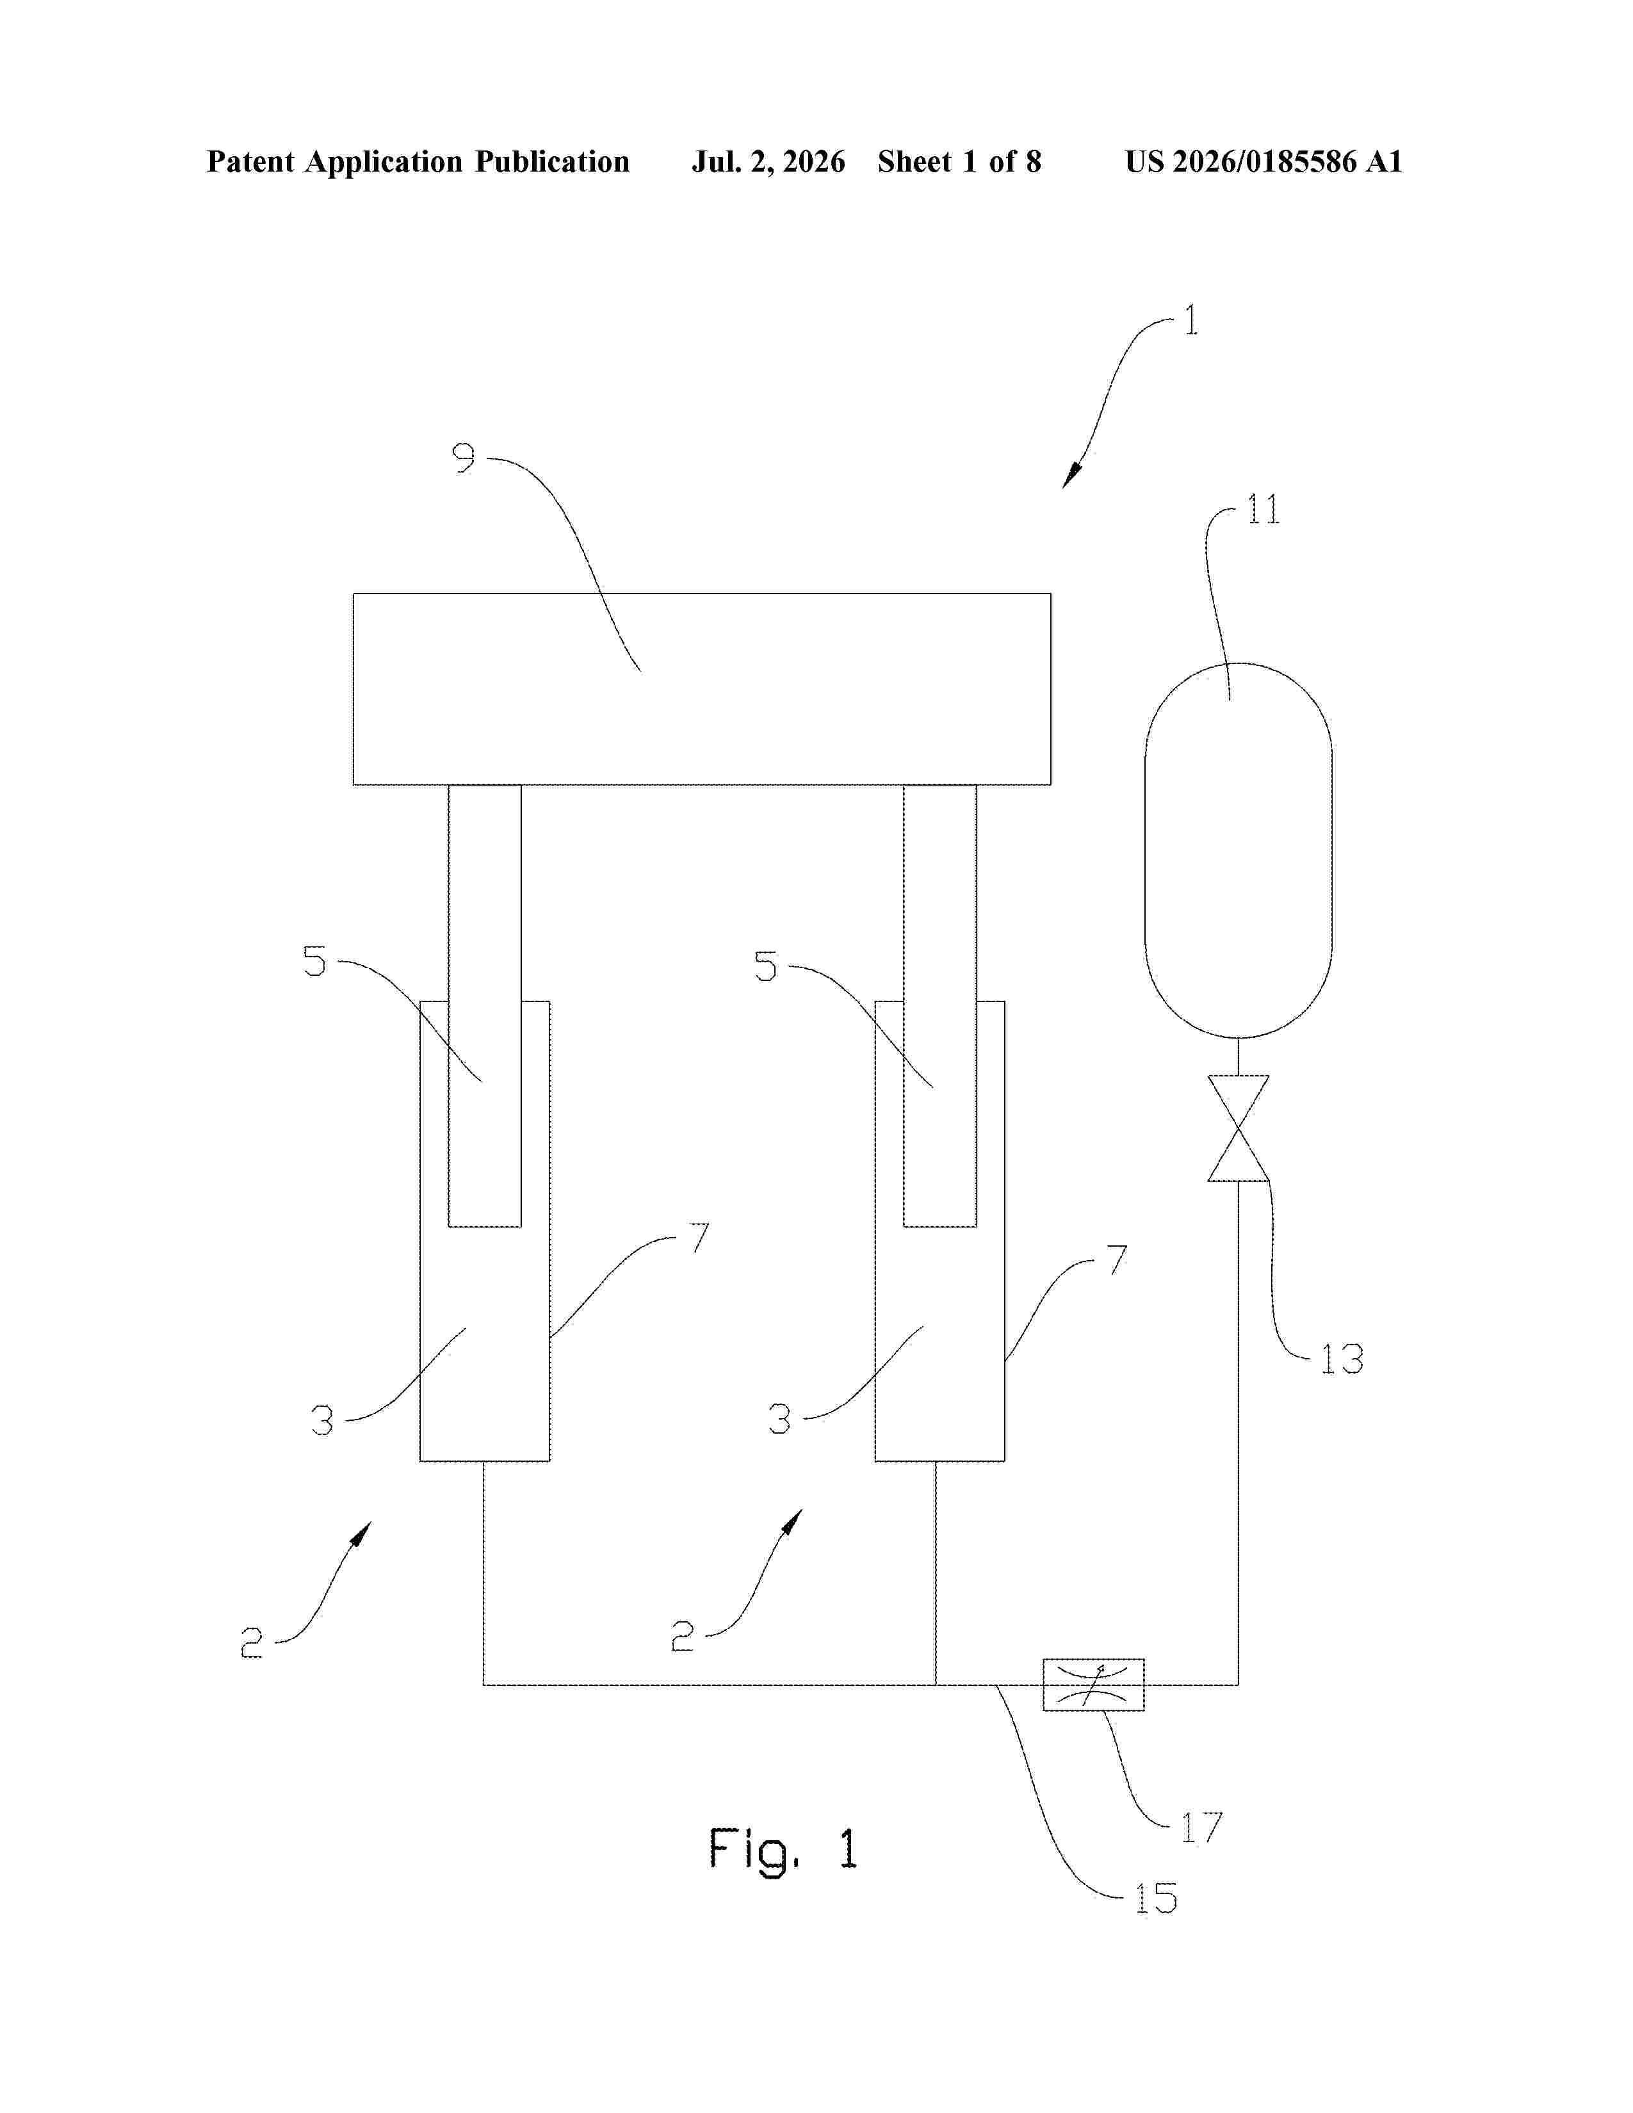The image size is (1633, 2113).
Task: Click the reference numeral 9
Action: [464, 458]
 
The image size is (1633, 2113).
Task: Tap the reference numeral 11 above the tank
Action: [1262, 509]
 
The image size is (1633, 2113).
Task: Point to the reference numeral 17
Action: [1201, 1827]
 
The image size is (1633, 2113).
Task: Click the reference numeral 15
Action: [1156, 1899]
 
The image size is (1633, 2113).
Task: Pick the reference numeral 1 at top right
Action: [1192, 320]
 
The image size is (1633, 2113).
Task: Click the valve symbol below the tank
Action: [1239, 1128]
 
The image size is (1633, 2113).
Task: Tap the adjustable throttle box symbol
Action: [1093, 1685]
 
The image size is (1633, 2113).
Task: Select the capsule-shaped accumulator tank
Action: [1239, 850]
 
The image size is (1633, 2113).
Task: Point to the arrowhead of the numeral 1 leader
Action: [1071, 477]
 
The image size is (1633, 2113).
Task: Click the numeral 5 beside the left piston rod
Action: [315, 962]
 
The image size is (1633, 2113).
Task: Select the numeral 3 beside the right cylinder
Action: [780, 1420]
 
